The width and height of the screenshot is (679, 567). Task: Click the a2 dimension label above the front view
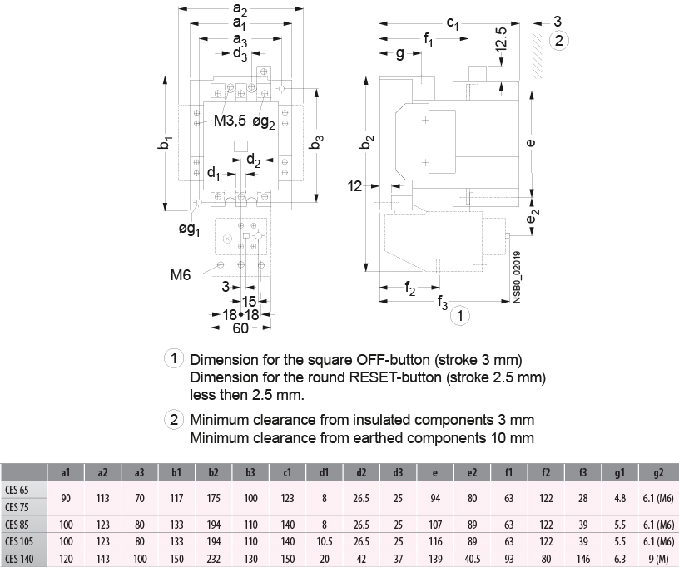pyautogui.click(x=240, y=10)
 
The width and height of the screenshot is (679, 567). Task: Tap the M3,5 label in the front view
pyautogui.click(x=230, y=121)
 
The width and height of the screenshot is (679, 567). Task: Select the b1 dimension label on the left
pyautogui.click(x=166, y=143)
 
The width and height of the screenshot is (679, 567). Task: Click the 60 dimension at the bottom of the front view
pyautogui.click(x=240, y=328)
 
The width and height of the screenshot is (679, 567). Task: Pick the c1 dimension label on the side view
pyautogui.click(x=453, y=22)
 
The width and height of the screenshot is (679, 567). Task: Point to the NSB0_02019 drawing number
pyautogui.click(x=517, y=275)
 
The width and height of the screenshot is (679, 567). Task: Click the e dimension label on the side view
pyautogui.click(x=532, y=143)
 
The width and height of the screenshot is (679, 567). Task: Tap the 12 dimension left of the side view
pyautogui.click(x=355, y=187)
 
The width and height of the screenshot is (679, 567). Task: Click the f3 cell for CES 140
pyautogui.click(x=582, y=558)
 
